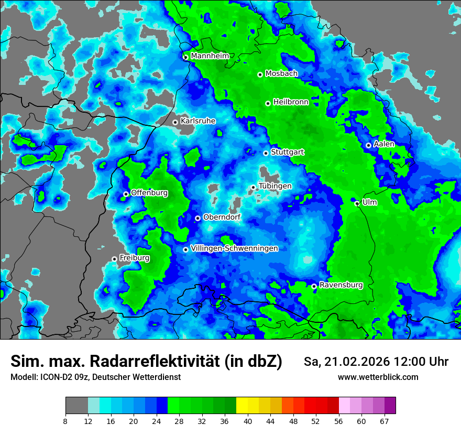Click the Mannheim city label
[x=210, y=56]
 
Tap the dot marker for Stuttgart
[x=266, y=153]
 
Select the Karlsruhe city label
[x=197, y=121]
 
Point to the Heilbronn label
[x=291, y=102]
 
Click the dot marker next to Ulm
[x=357, y=203]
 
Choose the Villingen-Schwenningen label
[x=234, y=248]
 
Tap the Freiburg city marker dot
[x=114, y=259]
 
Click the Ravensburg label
[x=341, y=285]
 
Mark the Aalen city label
[x=384, y=144]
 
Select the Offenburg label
[x=149, y=193]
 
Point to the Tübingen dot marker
[x=253, y=187]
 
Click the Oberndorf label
[x=222, y=217]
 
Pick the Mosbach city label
[x=281, y=74]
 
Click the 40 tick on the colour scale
[x=248, y=421]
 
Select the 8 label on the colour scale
[x=65, y=421]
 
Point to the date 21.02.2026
[x=350, y=362]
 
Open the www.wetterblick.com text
[x=378, y=377]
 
